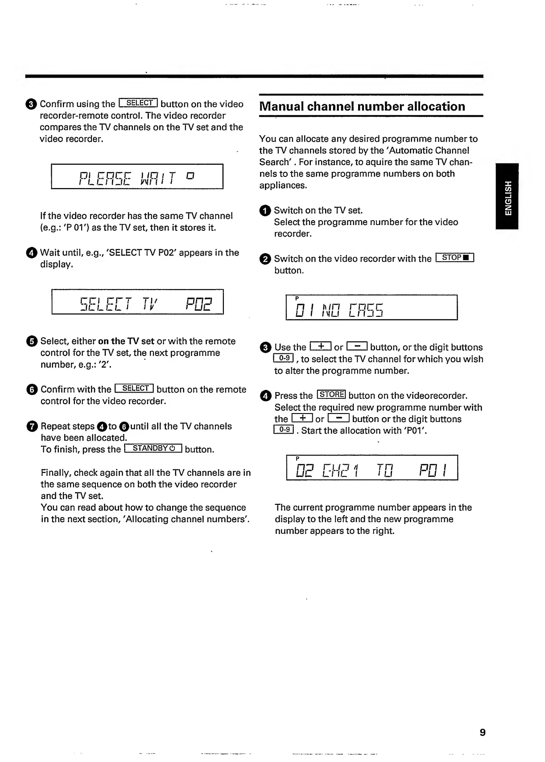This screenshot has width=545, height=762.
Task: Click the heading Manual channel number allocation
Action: coord(362,107)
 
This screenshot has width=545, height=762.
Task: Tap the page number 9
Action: coord(482,732)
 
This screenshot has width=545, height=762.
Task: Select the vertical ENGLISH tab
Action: coord(508,197)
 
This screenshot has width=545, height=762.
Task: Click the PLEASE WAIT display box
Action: coord(137,176)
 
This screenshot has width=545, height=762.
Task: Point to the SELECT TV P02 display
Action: coord(137,302)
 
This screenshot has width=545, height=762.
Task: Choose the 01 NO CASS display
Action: coord(371,307)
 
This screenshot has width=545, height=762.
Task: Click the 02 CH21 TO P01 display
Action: coord(372,467)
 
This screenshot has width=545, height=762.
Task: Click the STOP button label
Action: coord(455,258)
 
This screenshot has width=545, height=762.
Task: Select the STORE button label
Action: coord(331,394)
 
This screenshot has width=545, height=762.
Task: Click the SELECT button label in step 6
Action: coord(134,388)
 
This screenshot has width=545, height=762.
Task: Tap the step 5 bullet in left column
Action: coord(32,341)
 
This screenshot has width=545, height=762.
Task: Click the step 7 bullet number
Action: coord(32,426)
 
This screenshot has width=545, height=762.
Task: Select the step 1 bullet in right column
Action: coord(265,211)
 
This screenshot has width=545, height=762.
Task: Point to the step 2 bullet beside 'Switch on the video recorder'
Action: coord(265,259)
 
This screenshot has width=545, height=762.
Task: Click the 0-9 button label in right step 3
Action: coord(283,358)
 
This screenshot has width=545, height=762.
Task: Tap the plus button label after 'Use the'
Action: coord(321,346)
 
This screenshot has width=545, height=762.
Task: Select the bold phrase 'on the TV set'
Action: coord(126,341)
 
